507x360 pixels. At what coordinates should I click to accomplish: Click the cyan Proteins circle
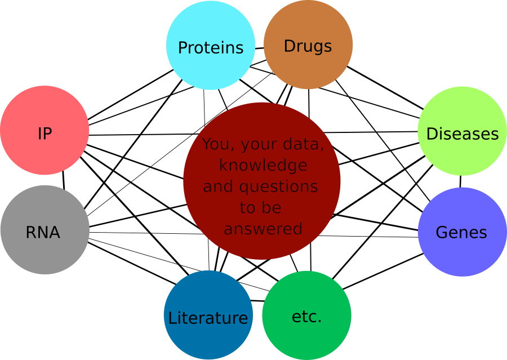click(211, 45)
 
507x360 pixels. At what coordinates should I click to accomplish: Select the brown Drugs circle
click(308, 45)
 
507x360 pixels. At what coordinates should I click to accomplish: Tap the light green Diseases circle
click(462, 131)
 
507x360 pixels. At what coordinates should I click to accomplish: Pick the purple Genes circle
click(462, 232)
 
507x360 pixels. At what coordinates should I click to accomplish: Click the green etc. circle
click(306, 315)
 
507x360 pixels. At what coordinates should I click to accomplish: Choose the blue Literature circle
click(208, 315)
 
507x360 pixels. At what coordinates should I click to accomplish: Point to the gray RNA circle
click(45, 230)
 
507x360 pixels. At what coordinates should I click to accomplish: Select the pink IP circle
click(45, 130)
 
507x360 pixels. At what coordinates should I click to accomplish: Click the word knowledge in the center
click(263, 165)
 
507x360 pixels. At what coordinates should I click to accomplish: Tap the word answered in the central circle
click(263, 229)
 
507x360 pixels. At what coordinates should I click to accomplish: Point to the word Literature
click(208, 318)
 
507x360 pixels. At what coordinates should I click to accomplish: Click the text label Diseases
click(462, 134)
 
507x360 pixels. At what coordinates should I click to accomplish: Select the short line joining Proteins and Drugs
click(259, 48)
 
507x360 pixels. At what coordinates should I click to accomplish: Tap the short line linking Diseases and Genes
click(461, 181)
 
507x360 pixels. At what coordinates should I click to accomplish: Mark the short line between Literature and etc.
click(257, 301)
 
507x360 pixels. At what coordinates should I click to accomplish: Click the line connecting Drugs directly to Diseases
click(385, 88)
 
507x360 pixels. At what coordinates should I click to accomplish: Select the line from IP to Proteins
click(131, 95)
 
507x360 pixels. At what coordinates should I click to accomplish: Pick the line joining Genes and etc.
click(383, 272)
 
